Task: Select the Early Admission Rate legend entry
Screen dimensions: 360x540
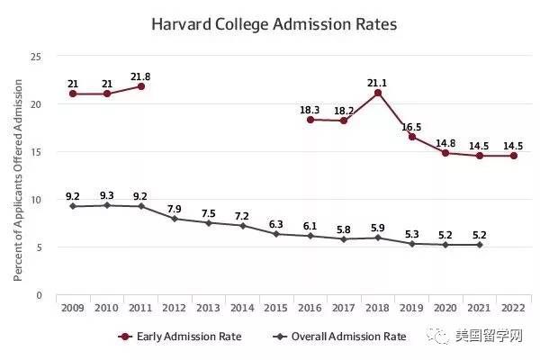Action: pyautogui.click(x=179, y=337)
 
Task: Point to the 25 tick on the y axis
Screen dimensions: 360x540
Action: pyautogui.click(x=37, y=57)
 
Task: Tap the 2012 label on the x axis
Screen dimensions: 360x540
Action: pyautogui.click(x=175, y=307)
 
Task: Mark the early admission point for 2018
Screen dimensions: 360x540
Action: pyautogui.click(x=378, y=93)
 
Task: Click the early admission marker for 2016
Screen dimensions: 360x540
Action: pyautogui.click(x=310, y=120)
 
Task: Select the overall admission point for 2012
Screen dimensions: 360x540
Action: pyautogui.click(x=175, y=219)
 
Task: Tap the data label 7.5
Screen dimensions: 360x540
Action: pyautogui.click(x=209, y=212)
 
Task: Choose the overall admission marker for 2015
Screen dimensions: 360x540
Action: pyautogui.click(x=277, y=234)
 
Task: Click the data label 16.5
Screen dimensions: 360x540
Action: pyautogui.click(x=411, y=123)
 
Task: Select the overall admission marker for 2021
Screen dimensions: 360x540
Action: pyautogui.click(x=480, y=245)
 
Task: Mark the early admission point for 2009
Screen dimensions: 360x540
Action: pyautogui.click(x=74, y=94)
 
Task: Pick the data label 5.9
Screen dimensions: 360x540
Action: pyautogui.click(x=378, y=226)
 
